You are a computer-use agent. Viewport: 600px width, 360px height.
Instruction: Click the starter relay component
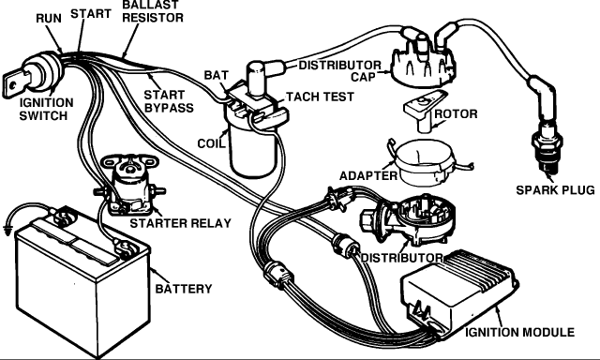click(129, 185)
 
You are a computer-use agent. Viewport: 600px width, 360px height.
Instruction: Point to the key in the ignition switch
click(16, 84)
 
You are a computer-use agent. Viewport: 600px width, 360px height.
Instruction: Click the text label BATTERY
click(184, 289)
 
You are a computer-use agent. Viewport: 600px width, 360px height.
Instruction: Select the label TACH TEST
click(320, 97)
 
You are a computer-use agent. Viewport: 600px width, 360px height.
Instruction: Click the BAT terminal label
click(217, 75)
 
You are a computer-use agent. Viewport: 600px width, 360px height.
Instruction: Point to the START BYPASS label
click(169, 101)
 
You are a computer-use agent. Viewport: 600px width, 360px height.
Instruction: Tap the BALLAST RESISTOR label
click(153, 11)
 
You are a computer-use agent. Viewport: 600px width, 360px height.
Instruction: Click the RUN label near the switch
click(49, 19)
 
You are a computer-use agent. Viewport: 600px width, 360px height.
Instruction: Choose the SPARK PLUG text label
click(555, 190)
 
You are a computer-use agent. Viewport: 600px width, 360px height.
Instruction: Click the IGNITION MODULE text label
click(519, 333)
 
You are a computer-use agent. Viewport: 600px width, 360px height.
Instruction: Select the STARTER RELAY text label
click(181, 223)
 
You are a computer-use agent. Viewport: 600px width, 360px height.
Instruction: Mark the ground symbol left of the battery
click(7, 230)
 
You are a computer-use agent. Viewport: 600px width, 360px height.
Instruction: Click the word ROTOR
click(456, 114)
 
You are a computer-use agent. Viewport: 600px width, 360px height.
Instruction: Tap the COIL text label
click(211, 143)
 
